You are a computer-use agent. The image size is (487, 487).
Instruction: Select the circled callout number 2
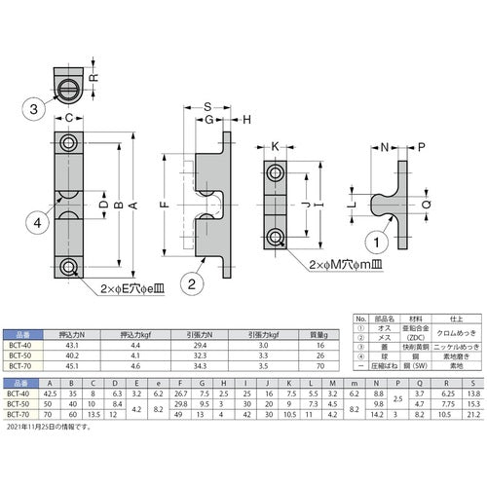click(x=193, y=284)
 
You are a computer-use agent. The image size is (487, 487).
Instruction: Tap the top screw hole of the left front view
click(x=68, y=144)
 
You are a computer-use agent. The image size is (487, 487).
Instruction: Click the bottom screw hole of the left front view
click(x=68, y=267)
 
